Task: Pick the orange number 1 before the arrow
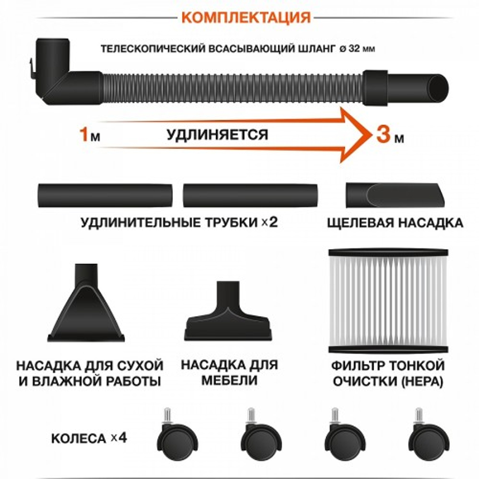84,135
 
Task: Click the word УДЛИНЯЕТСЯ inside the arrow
217,135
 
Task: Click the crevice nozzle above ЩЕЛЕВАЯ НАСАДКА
394,196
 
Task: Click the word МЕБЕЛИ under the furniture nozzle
229,381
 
